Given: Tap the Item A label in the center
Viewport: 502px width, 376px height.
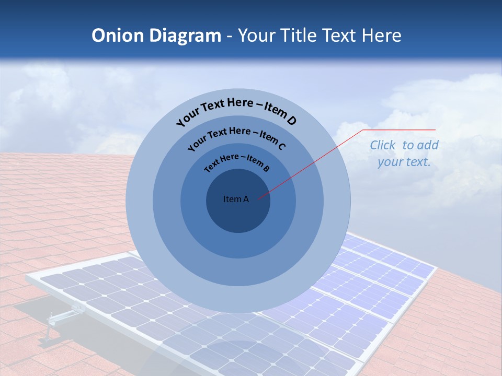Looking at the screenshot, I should click(x=236, y=199).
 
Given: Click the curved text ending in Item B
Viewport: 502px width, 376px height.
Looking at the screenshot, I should click(x=236, y=162).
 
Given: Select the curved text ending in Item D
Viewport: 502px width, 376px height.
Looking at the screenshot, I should click(x=236, y=111).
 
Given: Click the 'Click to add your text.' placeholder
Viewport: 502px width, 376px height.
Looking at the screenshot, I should click(x=404, y=154).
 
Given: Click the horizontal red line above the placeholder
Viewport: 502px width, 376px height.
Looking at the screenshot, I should click(x=400, y=130).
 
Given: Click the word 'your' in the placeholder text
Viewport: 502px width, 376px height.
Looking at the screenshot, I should click(x=390, y=162).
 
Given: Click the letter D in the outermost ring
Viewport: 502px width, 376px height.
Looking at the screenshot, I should click(x=291, y=121).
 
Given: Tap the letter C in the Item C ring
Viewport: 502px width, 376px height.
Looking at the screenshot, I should click(x=281, y=146).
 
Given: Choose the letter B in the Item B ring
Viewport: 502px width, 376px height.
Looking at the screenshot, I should click(x=266, y=168).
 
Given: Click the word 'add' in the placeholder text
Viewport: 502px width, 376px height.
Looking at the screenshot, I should click(x=428, y=145).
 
